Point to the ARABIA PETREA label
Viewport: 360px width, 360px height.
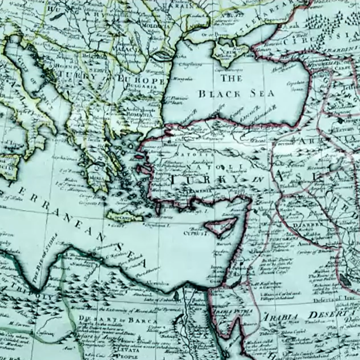(234, 310)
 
